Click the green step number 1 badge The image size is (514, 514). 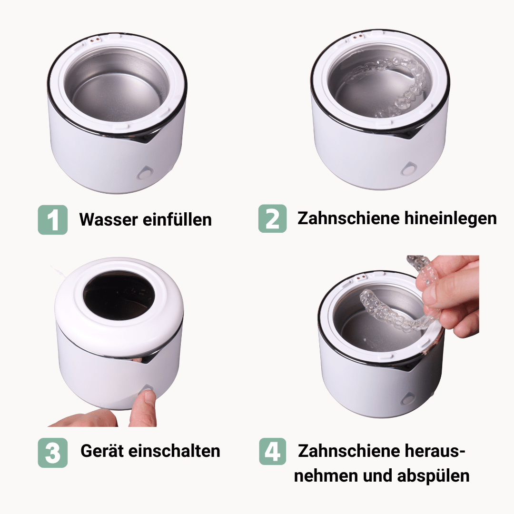click(x=52, y=219)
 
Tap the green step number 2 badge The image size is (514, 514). click(x=272, y=218)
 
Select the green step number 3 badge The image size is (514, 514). click(x=52, y=452)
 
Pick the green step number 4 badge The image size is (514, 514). click(x=272, y=451)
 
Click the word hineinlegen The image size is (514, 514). click(x=451, y=218)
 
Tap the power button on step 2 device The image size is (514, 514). click(x=408, y=169)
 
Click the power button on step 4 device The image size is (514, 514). click(x=408, y=397)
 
